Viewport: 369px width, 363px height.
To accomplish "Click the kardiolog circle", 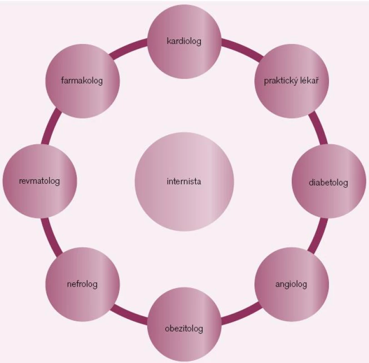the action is click(184, 42).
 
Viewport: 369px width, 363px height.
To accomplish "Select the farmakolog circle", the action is click(82, 81).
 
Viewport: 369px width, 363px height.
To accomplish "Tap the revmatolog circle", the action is click(40, 181).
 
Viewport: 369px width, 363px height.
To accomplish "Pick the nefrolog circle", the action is click(82, 285).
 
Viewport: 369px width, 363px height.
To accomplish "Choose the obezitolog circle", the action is click(184, 324).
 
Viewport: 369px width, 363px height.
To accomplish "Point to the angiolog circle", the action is click(292, 285).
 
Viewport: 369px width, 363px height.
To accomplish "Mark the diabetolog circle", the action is click(329, 181).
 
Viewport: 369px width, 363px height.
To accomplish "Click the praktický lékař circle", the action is click(292, 81).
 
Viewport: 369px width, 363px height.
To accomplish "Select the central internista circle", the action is click(184, 181).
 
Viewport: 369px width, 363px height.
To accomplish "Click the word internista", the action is click(184, 181).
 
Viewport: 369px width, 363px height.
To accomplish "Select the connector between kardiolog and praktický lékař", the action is click(242, 49).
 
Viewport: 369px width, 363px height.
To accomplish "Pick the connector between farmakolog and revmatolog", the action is click(51, 126).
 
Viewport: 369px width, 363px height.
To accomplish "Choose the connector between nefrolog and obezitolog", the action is click(129, 314).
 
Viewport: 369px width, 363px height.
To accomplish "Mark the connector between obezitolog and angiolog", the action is click(241, 314).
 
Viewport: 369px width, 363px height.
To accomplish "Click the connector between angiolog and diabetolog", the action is click(318, 235).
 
